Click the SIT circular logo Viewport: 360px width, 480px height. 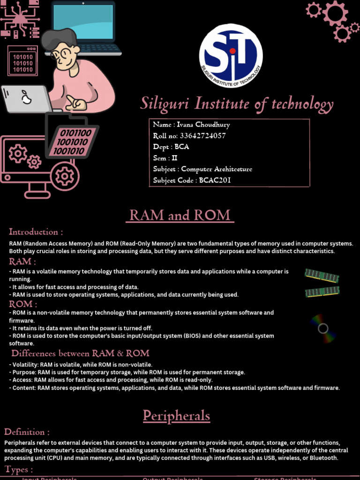point(231,56)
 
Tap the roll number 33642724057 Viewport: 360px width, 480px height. point(202,136)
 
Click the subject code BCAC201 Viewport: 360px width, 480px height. point(215,180)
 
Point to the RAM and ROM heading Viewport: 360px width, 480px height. point(180,215)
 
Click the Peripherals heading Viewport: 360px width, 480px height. point(176,416)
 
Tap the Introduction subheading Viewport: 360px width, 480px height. point(36,232)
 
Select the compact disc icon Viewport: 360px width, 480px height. point(323,328)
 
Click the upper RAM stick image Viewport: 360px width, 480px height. point(322,275)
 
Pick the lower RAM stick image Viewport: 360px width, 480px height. point(322,292)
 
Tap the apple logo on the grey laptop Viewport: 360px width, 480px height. point(27,98)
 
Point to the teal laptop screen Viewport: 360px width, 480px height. point(83,22)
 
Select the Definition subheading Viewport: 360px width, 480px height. point(27,432)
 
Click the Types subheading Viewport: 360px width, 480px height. point(19,469)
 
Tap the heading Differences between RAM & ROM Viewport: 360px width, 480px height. point(80,353)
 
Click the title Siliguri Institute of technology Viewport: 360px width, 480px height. point(237,104)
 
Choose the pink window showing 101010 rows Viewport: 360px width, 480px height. point(22,61)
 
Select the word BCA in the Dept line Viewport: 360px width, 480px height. point(182,147)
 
